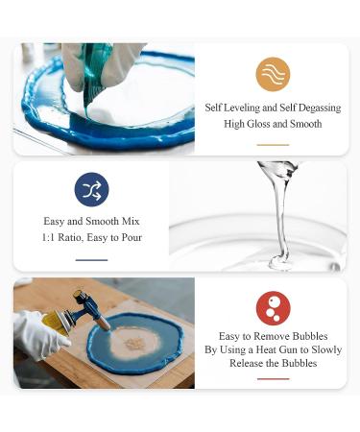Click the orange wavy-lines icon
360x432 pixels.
pyautogui.click(x=273, y=74)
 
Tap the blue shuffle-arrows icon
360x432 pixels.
pyautogui.click(x=91, y=189)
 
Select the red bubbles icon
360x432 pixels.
pyautogui.click(x=273, y=308)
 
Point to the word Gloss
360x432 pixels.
pyautogui.click(x=259, y=124)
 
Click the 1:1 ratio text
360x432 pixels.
pyautogui.click(x=48, y=237)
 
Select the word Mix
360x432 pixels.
pyautogui.click(x=131, y=221)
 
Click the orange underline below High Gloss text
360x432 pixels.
pyautogui.click(x=273, y=145)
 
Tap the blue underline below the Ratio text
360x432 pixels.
pyautogui.click(x=91, y=260)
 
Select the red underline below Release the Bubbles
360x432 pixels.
pyautogui.click(x=273, y=379)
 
